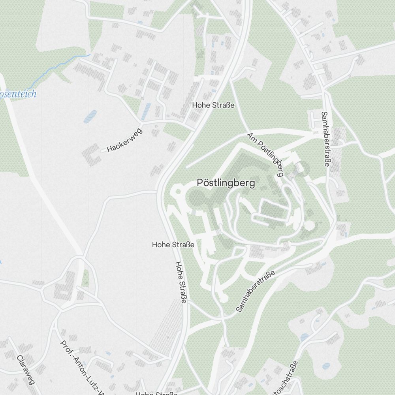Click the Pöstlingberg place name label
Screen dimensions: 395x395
point(226,183)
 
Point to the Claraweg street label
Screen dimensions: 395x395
point(26,370)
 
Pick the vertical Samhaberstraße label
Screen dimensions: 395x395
point(325,139)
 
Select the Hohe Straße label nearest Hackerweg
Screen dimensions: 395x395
point(213,105)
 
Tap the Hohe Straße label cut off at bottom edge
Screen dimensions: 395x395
point(156,393)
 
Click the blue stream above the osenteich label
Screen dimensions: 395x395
point(59,68)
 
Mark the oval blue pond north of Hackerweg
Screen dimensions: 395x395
point(90,116)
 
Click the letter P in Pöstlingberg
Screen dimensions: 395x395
point(199,183)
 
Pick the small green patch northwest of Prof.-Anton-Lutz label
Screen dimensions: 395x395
point(85,278)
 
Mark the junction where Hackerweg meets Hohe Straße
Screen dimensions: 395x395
point(194,130)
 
